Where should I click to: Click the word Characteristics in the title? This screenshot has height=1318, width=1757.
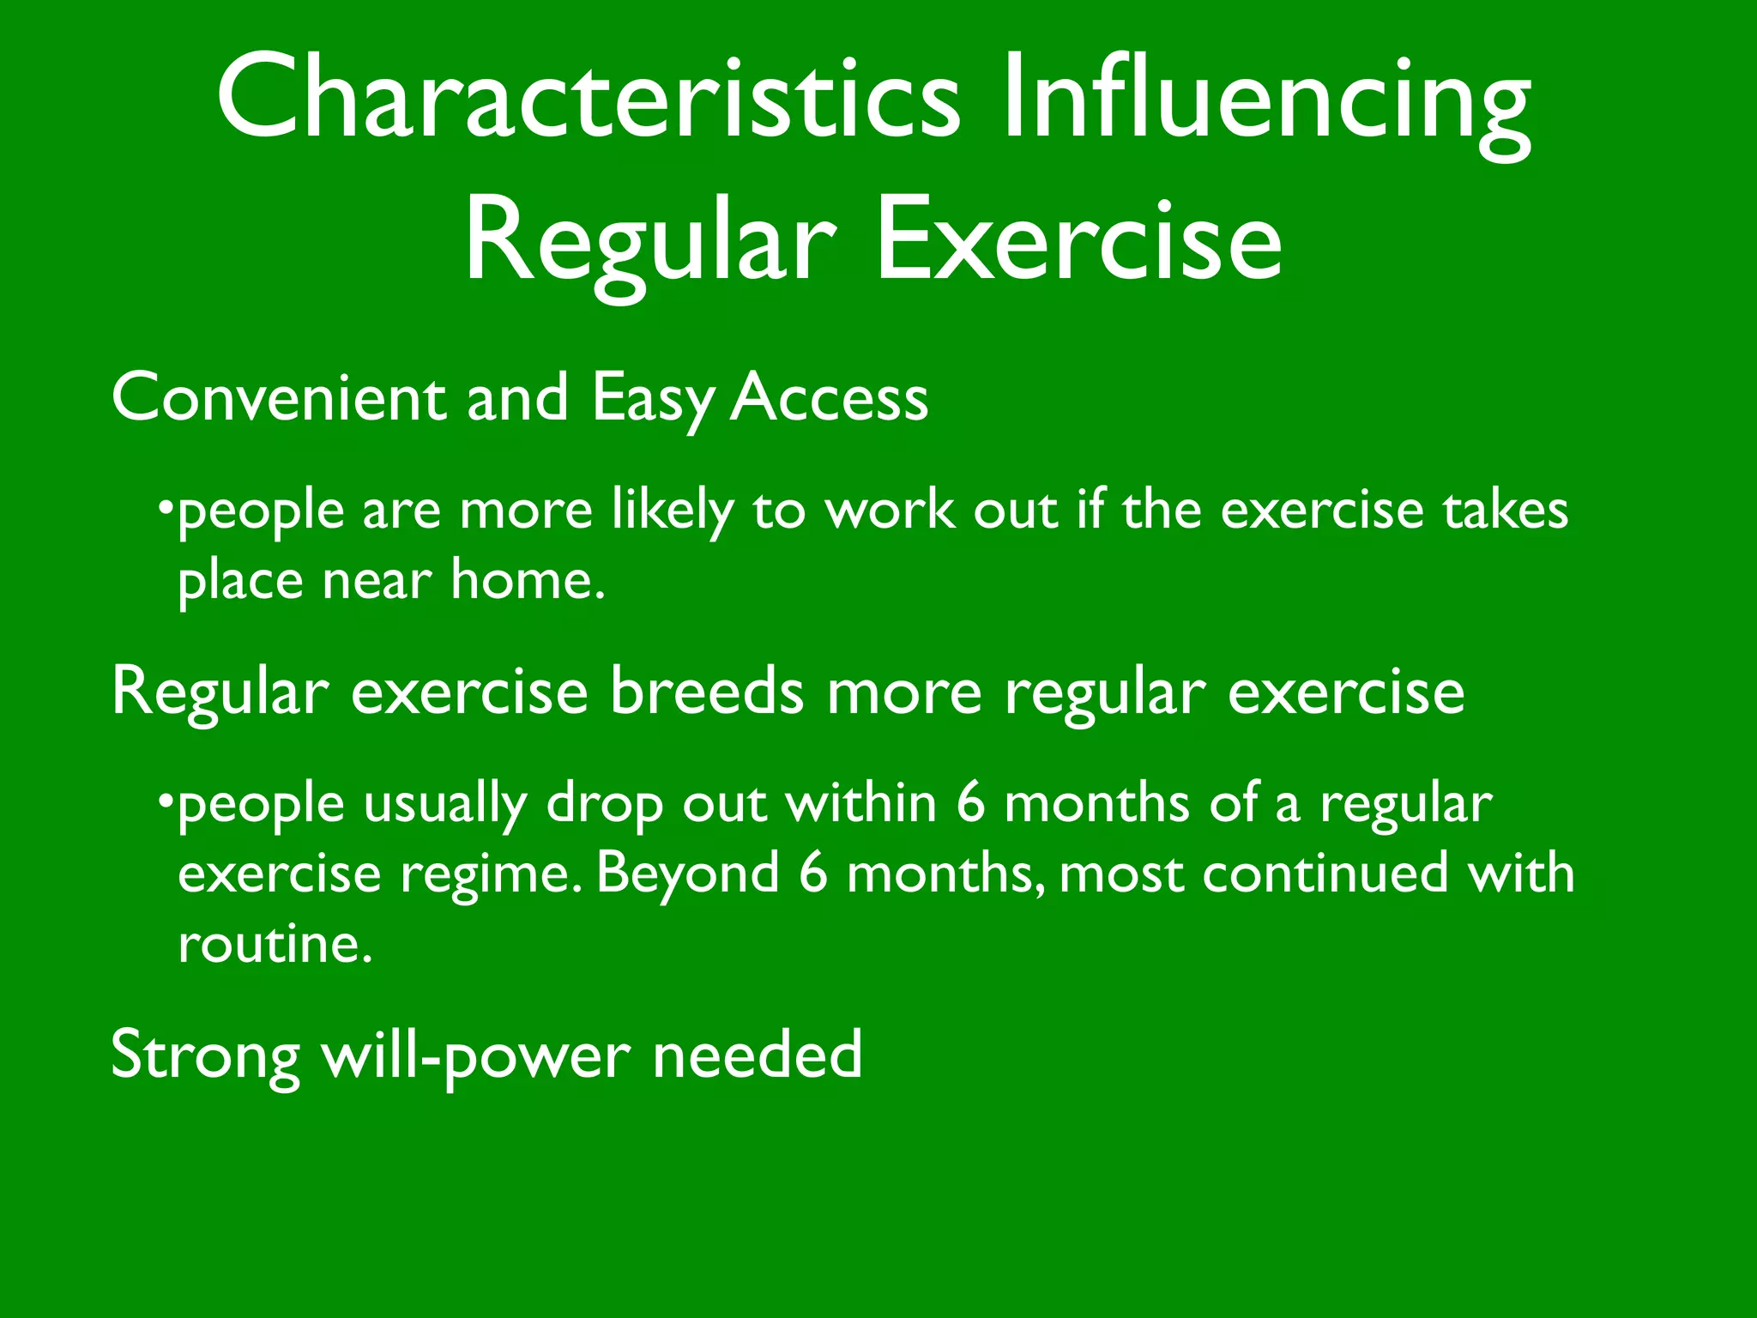coord(588,96)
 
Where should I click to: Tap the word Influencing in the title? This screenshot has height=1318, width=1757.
coord(1265,101)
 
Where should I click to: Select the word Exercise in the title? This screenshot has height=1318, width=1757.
coord(1078,239)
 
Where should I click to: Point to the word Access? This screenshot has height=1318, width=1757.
coord(829,398)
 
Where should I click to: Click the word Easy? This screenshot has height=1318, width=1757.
coord(652,402)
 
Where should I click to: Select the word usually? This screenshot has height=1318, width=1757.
coord(444,806)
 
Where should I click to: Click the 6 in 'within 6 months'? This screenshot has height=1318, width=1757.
coord(970,804)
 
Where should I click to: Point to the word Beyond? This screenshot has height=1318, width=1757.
coord(687,875)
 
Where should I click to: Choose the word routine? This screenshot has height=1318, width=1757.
coord(275,945)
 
